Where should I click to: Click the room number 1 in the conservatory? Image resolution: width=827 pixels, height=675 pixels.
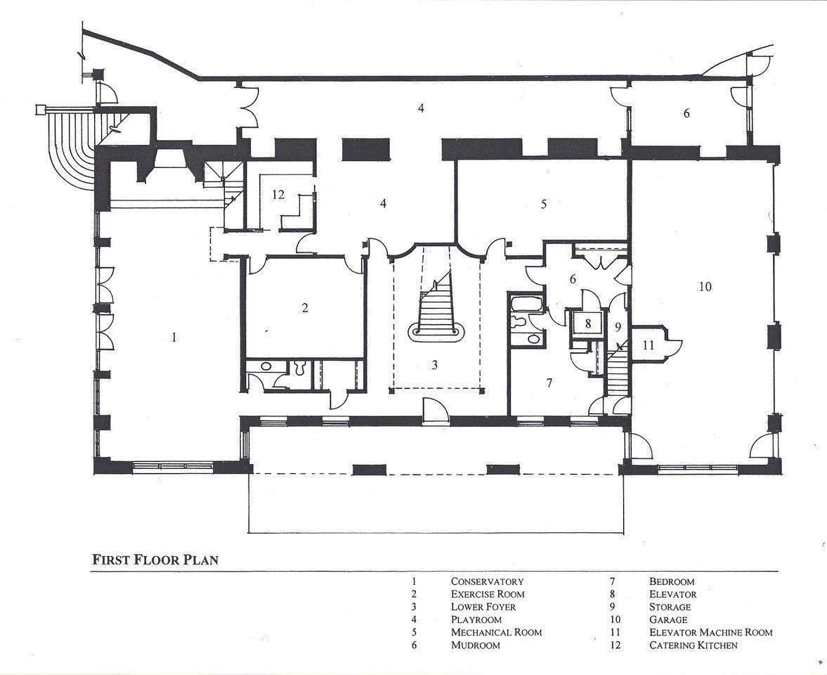[x=174, y=337]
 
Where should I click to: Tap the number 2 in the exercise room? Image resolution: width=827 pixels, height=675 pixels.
[x=305, y=308]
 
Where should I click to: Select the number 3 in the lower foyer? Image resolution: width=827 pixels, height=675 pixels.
[x=435, y=365]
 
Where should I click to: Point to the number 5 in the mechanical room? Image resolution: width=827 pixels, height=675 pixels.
[x=544, y=204]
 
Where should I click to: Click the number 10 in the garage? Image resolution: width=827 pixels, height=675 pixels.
[x=705, y=287]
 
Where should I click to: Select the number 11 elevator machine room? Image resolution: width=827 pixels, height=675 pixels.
[x=649, y=345]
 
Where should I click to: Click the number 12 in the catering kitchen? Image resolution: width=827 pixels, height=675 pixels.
[x=278, y=195]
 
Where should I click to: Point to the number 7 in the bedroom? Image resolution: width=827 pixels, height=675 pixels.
[x=549, y=383]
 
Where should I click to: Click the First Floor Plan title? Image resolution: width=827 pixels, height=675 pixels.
[x=155, y=560]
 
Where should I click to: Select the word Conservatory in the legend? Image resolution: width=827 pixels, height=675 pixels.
[x=488, y=581]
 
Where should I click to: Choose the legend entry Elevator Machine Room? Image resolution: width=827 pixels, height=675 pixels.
[x=711, y=632]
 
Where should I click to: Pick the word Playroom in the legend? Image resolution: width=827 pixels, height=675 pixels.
[x=476, y=619]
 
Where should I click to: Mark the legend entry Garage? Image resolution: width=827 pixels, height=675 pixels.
[x=668, y=619]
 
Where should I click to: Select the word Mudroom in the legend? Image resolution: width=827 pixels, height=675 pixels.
[x=475, y=645]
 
